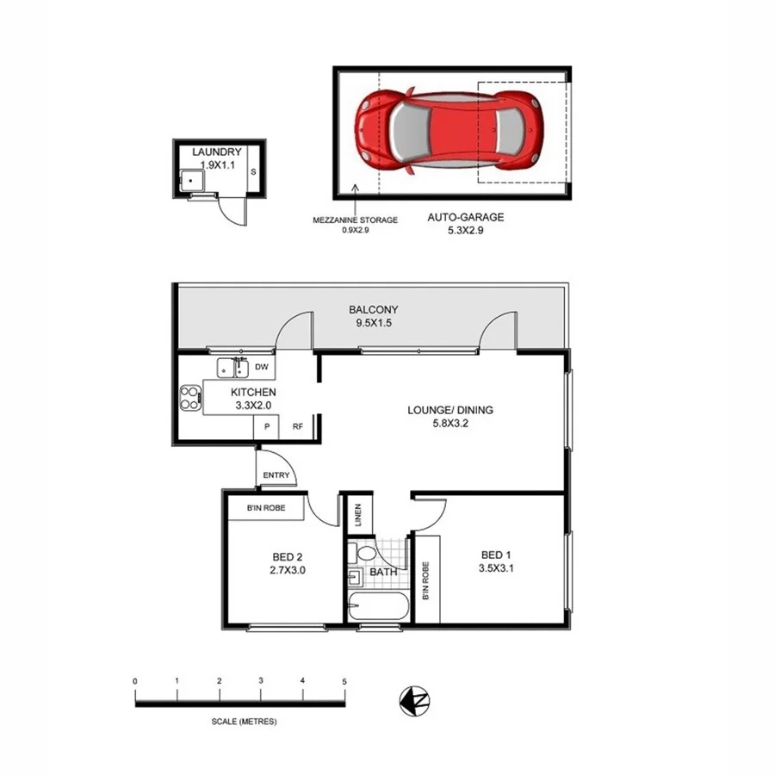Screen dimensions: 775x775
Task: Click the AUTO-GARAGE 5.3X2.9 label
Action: (x=465, y=224)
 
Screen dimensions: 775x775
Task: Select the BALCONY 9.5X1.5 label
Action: (x=373, y=317)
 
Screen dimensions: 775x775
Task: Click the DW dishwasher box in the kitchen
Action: (x=263, y=369)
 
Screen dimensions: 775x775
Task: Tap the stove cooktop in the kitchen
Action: (x=189, y=398)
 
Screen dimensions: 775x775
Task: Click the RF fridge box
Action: (x=297, y=426)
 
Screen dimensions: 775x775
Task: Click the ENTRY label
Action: (x=276, y=474)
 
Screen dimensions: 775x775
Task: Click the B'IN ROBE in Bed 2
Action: (x=265, y=510)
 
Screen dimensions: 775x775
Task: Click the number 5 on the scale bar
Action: (x=344, y=681)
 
